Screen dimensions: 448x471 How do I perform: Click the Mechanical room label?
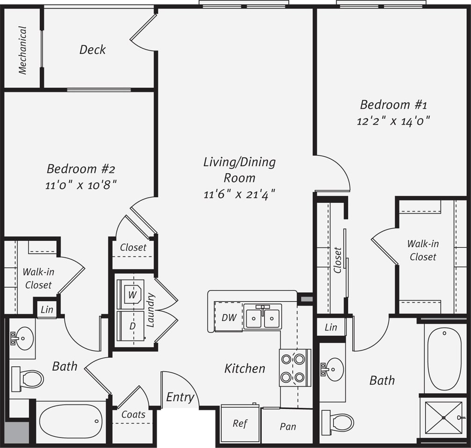click(22, 50)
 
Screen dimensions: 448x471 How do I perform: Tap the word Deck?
click(92, 49)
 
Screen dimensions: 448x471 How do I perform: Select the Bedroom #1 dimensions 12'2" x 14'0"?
click(393, 121)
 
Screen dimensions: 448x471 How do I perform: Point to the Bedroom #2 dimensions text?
click(80, 184)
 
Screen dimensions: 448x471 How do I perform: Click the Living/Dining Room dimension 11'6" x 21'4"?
click(239, 193)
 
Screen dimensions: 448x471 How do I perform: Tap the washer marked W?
click(132, 295)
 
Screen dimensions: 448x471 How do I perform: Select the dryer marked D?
click(132, 325)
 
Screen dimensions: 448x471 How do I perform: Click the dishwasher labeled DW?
click(228, 317)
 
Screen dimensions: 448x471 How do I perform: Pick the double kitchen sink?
click(262, 317)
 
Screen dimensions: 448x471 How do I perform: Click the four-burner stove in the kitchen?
click(293, 367)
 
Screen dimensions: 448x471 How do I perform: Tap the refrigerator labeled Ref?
click(239, 423)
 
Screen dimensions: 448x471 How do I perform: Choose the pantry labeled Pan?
click(287, 426)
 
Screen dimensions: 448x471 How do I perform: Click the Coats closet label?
click(133, 414)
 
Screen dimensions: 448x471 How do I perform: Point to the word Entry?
click(180, 397)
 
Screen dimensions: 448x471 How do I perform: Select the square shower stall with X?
click(443, 418)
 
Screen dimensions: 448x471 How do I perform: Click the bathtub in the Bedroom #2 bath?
click(71, 421)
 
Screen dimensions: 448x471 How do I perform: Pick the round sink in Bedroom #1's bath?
click(334, 369)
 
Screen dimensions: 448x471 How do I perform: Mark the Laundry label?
click(150, 310)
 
